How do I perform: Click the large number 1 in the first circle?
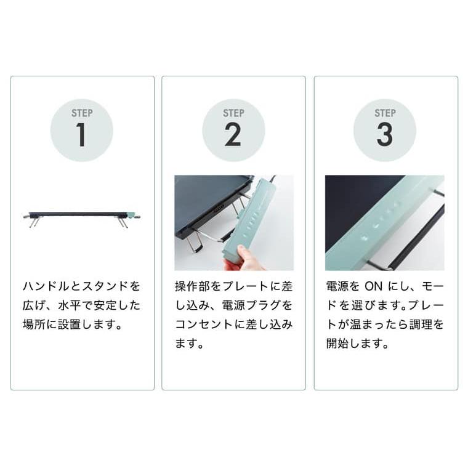tap(81, 135)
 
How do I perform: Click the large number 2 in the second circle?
tap(233, 135)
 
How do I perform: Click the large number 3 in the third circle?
tap(385, 135)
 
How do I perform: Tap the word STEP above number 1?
tap(82, 113)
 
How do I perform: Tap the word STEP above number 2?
tap(233, 113)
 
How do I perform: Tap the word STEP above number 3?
tap(385, 113)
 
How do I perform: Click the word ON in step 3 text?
tap(373, 286)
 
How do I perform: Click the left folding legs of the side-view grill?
tap(34, 222)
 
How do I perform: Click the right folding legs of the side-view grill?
tap(123, 222)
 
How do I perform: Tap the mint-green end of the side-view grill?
tap(130, 215)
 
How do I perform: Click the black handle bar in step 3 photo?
tap(425, 234)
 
